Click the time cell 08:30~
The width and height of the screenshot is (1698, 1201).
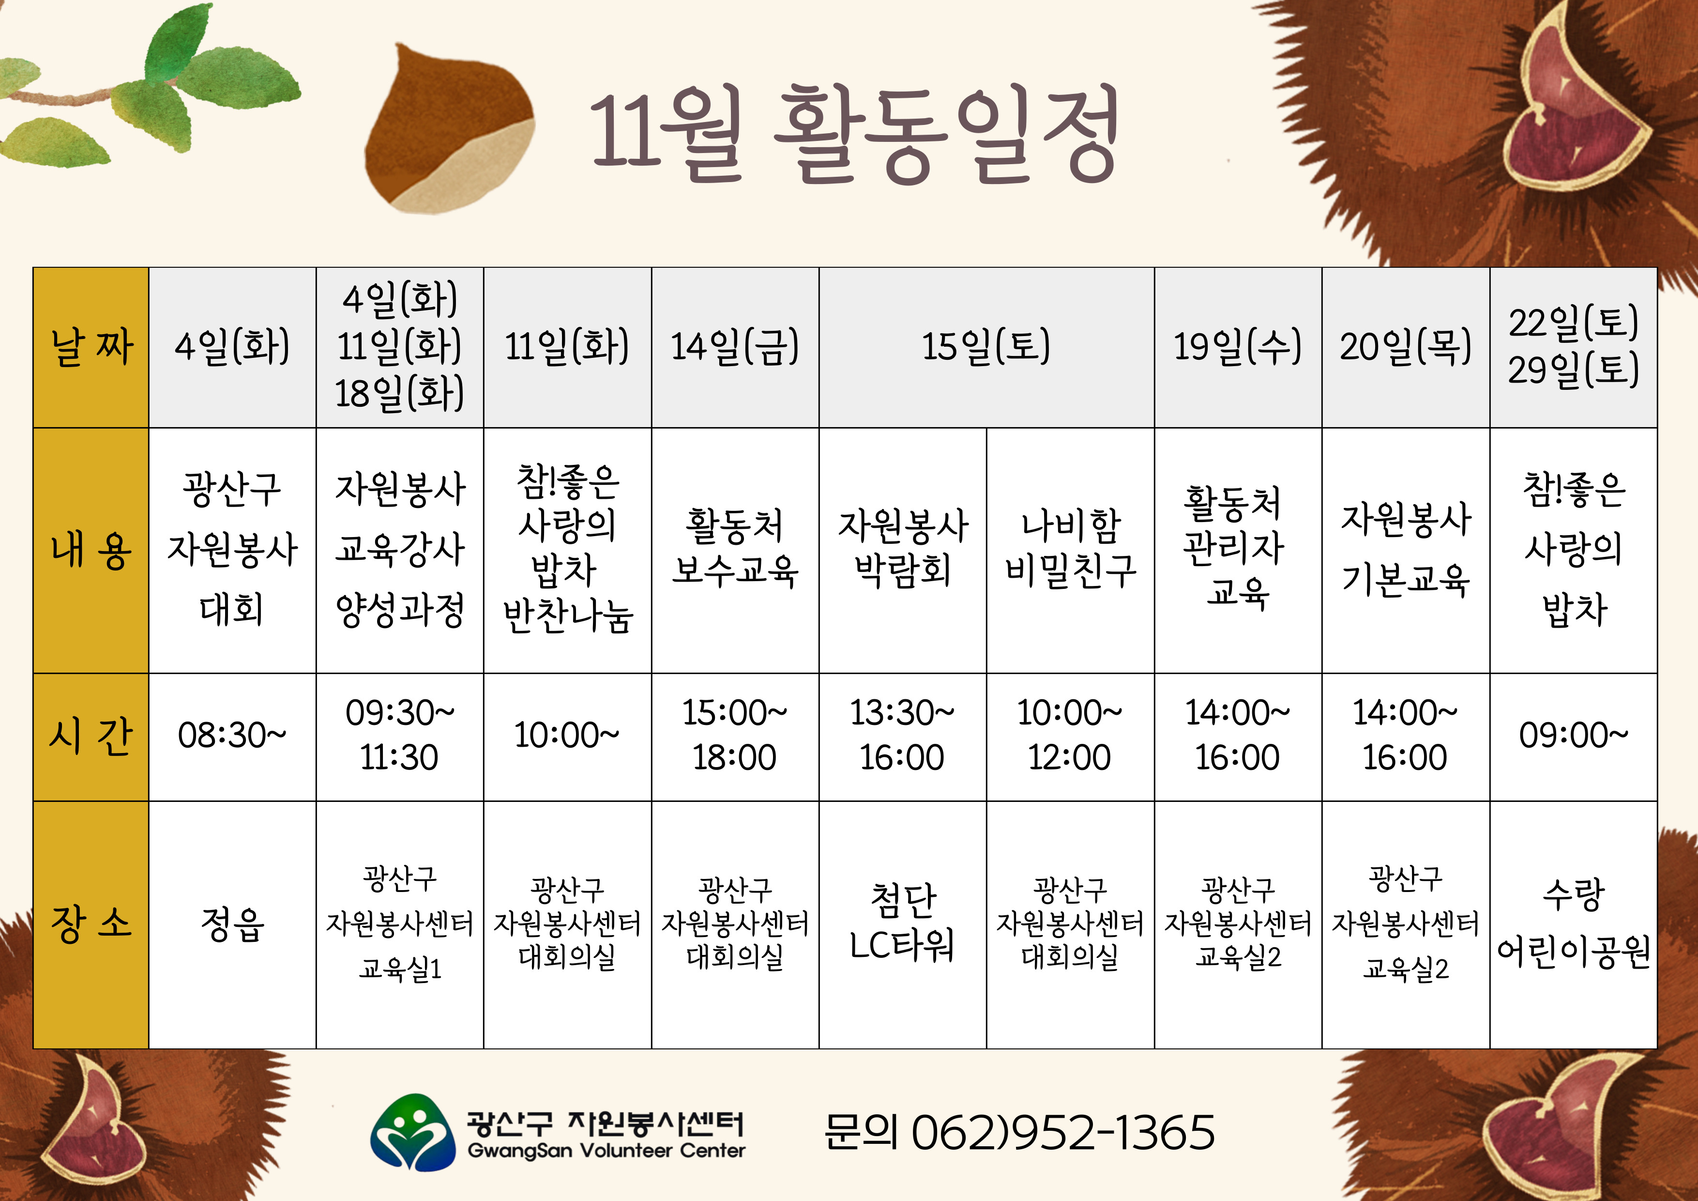point(231,736)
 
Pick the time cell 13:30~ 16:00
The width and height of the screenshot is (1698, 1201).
point(902,736)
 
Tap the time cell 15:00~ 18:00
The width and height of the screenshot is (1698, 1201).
point(734,736)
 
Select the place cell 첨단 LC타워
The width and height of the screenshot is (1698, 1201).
point(902,922)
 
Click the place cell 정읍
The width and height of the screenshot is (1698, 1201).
point(231,924)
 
